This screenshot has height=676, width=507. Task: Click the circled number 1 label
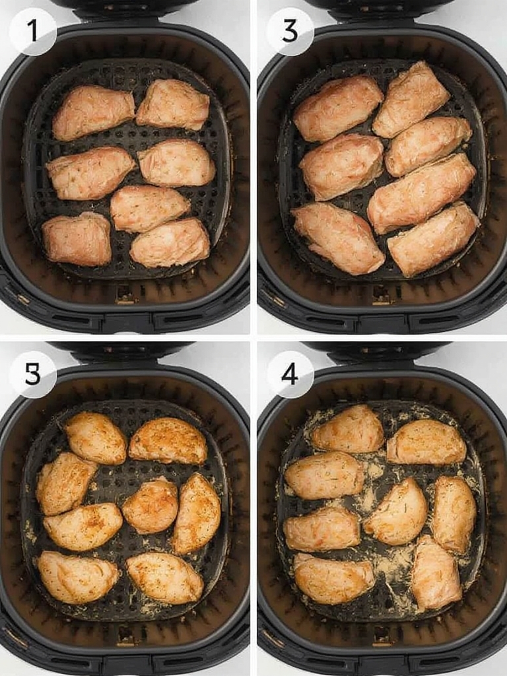[x=32, y=31]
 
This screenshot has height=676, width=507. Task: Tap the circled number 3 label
[x=290, y=31]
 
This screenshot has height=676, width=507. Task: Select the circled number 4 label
[x=290, y=374]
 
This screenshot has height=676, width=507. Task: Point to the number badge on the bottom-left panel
[x=32, y=374]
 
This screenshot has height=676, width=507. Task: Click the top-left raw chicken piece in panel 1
[x=93, y=112]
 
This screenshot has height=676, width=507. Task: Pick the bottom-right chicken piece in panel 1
[x=170, y=243]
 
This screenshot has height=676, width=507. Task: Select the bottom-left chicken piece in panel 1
[x=77, y=240]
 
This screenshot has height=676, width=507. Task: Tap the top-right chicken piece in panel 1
[x=173, y=104]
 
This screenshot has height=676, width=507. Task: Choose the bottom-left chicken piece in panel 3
[x=337, y=238]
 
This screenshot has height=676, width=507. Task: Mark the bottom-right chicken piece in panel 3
[x=433, y=239]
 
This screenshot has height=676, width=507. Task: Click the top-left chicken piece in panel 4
[x=348, y=429]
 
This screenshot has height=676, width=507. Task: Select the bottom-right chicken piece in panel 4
[x=436, y=571]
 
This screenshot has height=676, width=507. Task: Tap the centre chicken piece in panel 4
[x=396, y=512]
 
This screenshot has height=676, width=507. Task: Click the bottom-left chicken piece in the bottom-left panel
[x=78, y=576]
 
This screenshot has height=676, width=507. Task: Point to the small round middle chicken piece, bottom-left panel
[x=151, y=505]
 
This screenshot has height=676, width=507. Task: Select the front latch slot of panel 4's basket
[x=382, y=635]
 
